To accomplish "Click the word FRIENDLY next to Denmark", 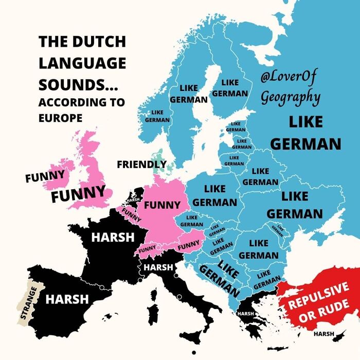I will point(141,165).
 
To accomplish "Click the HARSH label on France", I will point(113,238).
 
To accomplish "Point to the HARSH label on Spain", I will point(67,299).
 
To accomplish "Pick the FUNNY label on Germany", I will point(162,205).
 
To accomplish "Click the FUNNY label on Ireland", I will point(45,176).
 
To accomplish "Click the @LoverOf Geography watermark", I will point(291,87).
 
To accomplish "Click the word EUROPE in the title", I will point(60,117).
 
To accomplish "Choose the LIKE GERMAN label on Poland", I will point(215,195).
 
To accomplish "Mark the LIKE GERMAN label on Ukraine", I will point(295,204).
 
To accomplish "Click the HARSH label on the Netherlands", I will point(133,200).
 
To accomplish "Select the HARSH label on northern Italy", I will point(158,267).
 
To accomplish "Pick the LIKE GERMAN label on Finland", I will point(230,88).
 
